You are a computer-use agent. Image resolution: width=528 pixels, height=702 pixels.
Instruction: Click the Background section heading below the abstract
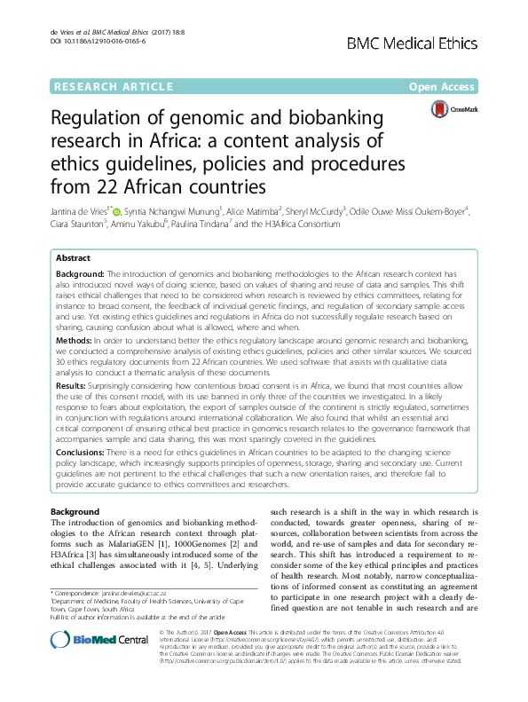75,513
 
